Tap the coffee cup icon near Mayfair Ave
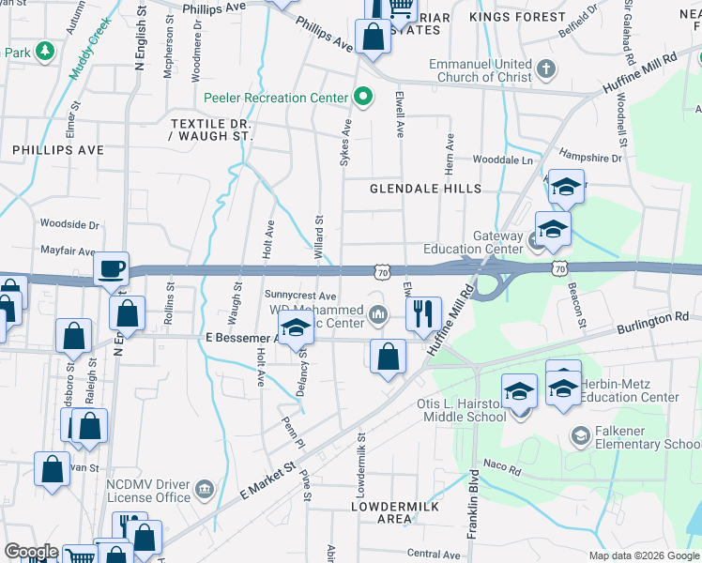pos(113,267)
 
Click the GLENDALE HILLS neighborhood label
pos(425,189)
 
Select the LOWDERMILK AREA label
pos(381,511)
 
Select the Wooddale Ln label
pos(502,160)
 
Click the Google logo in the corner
pos(31,552)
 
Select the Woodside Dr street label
pos(69,224)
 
